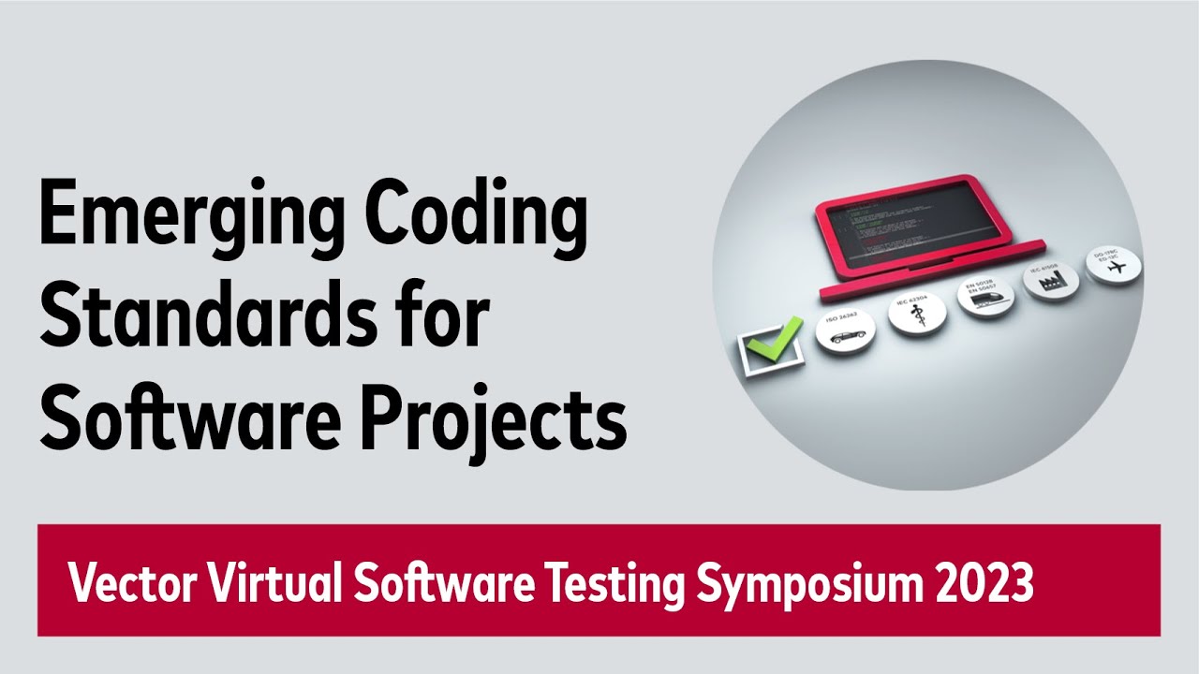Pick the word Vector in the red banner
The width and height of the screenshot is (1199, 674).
click(129, 584)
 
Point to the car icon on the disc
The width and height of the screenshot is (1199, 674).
click(845, 332)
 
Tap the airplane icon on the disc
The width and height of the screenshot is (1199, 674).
click(1115, 269)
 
